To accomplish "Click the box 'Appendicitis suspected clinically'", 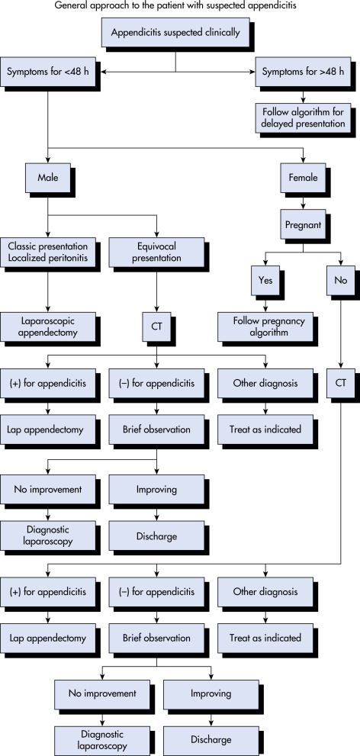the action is [x=175, y=33].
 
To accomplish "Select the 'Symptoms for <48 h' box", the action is [x=48, y=72].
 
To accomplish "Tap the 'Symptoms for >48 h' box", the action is [x=303, y=72].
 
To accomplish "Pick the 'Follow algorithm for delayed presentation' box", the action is [x=304, y=118].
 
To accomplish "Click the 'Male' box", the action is [x=48, y=178].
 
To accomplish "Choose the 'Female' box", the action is [x=303, y=178].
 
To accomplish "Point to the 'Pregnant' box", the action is [x=303, y=225].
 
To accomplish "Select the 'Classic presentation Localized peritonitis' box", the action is [x=48, y=251].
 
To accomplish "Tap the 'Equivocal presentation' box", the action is [x=156, y=251].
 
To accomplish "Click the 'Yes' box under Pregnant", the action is [x=265, y=280].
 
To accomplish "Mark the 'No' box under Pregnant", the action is [x=341, y=280].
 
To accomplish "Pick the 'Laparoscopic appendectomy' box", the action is [x=48, y=327].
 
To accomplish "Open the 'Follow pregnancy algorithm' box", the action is [x=265, y=327].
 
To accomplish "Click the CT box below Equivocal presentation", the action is [x=156, y=327].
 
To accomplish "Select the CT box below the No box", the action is [x=341, y=384].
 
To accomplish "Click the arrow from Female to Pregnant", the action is [x=303, y=201].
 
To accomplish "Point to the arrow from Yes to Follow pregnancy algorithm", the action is [x=265, y=304].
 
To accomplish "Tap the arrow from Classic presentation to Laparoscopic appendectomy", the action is [x=48, y=289].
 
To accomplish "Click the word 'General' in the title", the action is [x=66, y=6].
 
